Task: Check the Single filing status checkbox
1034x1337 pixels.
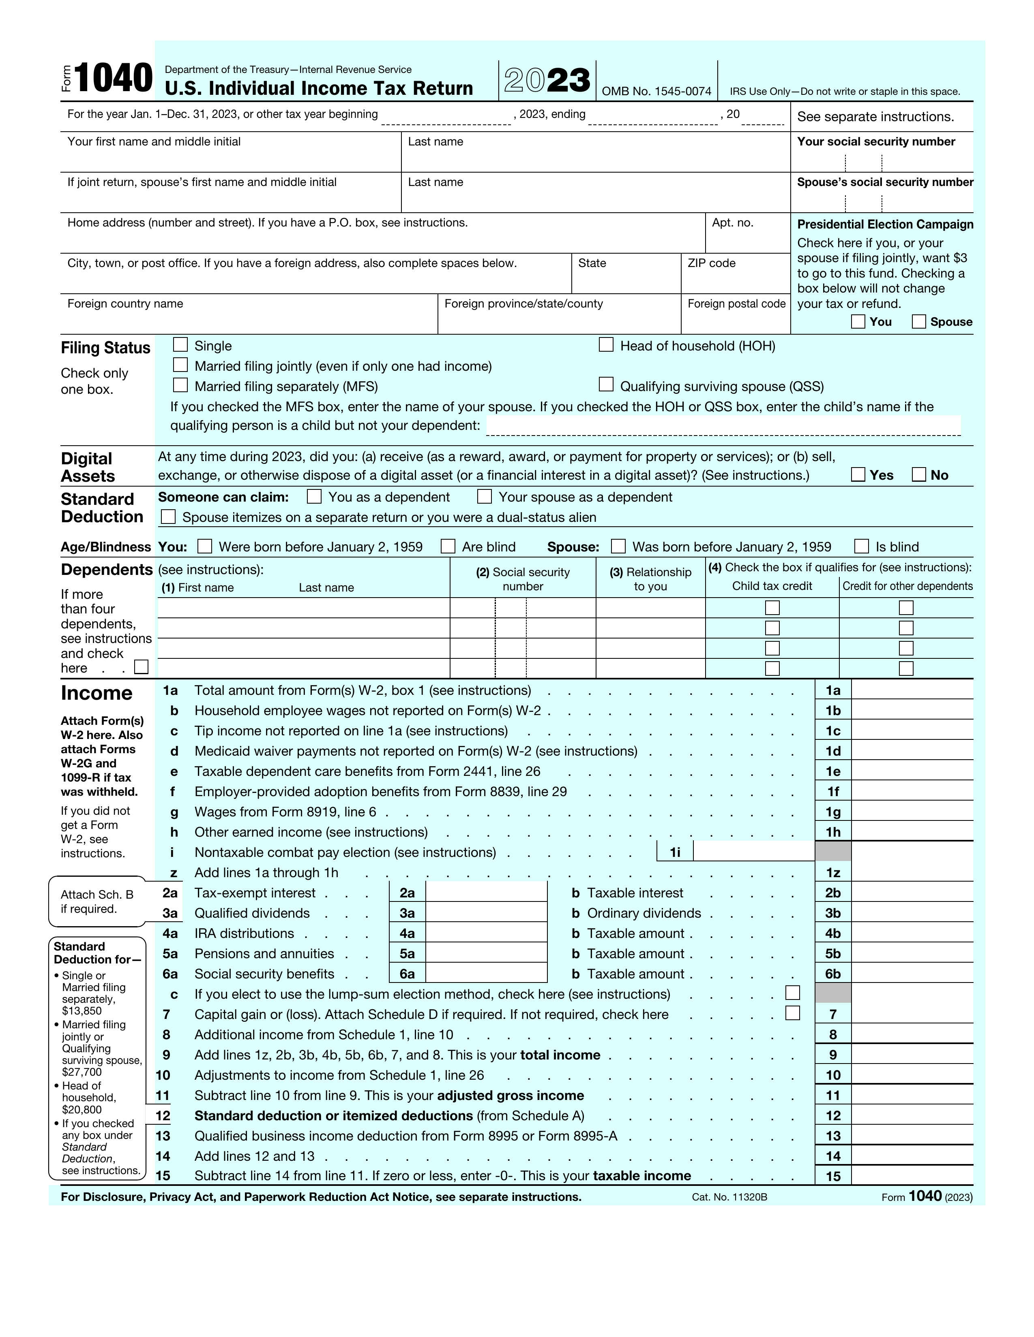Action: click(x=180, y=345)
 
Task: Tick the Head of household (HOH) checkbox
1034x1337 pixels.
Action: click(x=606, y=345)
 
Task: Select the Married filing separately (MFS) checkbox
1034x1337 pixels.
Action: click(x=180, y=385)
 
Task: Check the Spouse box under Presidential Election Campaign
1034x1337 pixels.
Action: click(x=919, y=321)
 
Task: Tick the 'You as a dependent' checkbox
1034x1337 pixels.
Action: click(x=314, y=496)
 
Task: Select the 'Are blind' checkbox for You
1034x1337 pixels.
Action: click(x=448, y=546)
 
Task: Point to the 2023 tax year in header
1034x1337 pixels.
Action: click(x=547, y=80)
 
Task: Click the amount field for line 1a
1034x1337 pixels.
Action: click(x=912, y=690)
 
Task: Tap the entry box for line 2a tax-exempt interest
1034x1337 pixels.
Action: click(x=486, y=893)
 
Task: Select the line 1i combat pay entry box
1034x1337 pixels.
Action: click(x=753, y=852)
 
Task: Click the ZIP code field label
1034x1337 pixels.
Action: click(x=711, y=263)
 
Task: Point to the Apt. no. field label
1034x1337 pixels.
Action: click(x=733, y=223)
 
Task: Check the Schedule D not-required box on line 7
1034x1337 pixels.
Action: click(x=793, y=1013)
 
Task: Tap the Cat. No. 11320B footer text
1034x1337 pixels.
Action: click(x=729, y=1197)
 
